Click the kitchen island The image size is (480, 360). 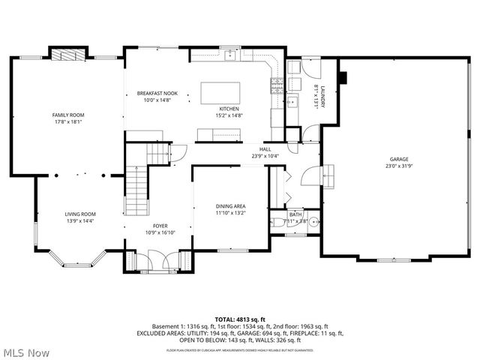coord(221,93)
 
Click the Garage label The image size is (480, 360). coord(398,159)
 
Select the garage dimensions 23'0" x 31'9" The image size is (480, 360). coord(398,166)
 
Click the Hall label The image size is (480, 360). coord(265,149)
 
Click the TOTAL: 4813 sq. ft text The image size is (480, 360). coord(240,319)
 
